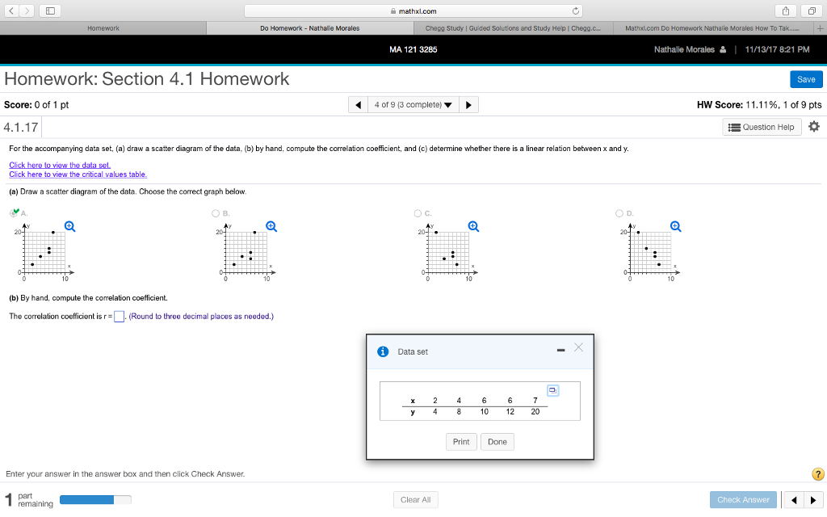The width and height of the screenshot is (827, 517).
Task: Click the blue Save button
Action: pos(805,79)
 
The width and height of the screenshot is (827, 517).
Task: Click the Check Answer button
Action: pos(743,499)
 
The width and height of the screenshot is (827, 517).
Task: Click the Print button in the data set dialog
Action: pos(461,442)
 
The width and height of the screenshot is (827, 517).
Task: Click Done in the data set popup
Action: pos(497,442)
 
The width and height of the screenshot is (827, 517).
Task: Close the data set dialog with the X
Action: pos(578,347)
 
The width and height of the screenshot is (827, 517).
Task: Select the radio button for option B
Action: pos(216,213)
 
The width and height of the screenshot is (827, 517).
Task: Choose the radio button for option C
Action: pos(418,213)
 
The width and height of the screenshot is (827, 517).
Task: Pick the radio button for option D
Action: pos(619,213)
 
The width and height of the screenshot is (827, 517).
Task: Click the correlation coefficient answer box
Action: pos(119,317)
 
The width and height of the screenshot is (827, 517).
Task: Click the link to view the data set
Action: pos(59,165)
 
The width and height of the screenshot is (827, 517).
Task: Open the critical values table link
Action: pos(78,174)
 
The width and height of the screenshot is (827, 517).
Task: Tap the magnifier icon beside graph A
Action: pos(70,226)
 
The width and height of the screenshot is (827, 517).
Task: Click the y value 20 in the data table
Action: pos(535,411)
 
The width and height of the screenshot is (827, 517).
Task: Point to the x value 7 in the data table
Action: pos(535,400)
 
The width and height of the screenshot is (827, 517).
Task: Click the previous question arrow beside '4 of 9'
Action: pos(358,105)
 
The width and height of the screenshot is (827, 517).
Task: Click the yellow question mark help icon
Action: pos(817,474)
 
